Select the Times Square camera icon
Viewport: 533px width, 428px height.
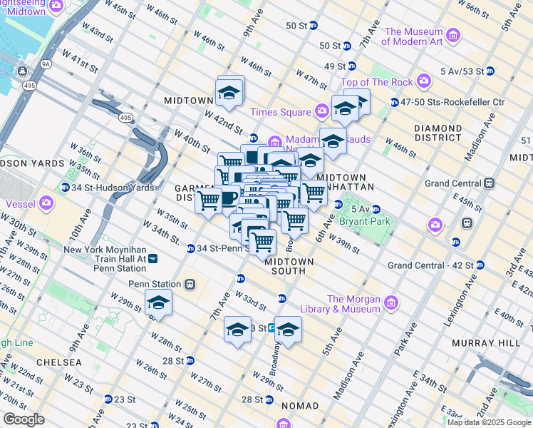[322, 112]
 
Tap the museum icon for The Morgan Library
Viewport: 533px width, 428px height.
[390, 304]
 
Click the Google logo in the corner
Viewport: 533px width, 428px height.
[24, 419]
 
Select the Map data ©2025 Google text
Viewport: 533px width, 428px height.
[489, 422]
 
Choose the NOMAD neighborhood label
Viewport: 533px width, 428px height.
[300, 406]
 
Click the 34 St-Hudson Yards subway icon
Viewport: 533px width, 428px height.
[65, 188]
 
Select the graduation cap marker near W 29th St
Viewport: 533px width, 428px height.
[158, 302]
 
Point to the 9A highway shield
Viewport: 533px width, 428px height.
[46, 64]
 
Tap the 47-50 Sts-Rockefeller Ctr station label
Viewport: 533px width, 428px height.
[452, 103]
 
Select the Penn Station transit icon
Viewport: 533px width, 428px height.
[190, 284]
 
